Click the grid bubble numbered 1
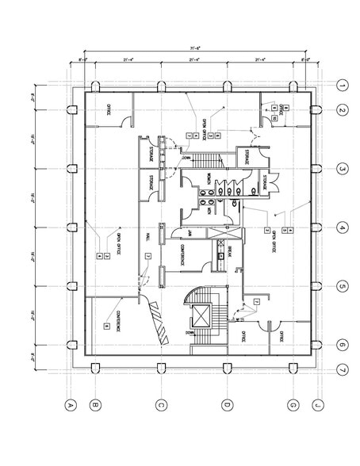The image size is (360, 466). click(343, 86)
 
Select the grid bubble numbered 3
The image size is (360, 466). click(343, 168)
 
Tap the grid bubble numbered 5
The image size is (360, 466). click(343, 286)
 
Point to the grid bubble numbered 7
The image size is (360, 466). click(343, 369)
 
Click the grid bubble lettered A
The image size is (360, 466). click(70, 405)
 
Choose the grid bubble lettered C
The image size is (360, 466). click(161, 405)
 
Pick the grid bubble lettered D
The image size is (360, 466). click(227, 405)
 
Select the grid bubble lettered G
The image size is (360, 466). click(293, 405)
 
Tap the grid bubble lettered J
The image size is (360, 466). click(317, 405)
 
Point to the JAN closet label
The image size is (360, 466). click(190, 233)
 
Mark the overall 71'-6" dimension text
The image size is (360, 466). click(194, 48)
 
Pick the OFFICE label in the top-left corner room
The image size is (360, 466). click(108, 109)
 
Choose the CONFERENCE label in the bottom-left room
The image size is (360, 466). click(119, 319)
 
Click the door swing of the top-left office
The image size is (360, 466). click(124, 120)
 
